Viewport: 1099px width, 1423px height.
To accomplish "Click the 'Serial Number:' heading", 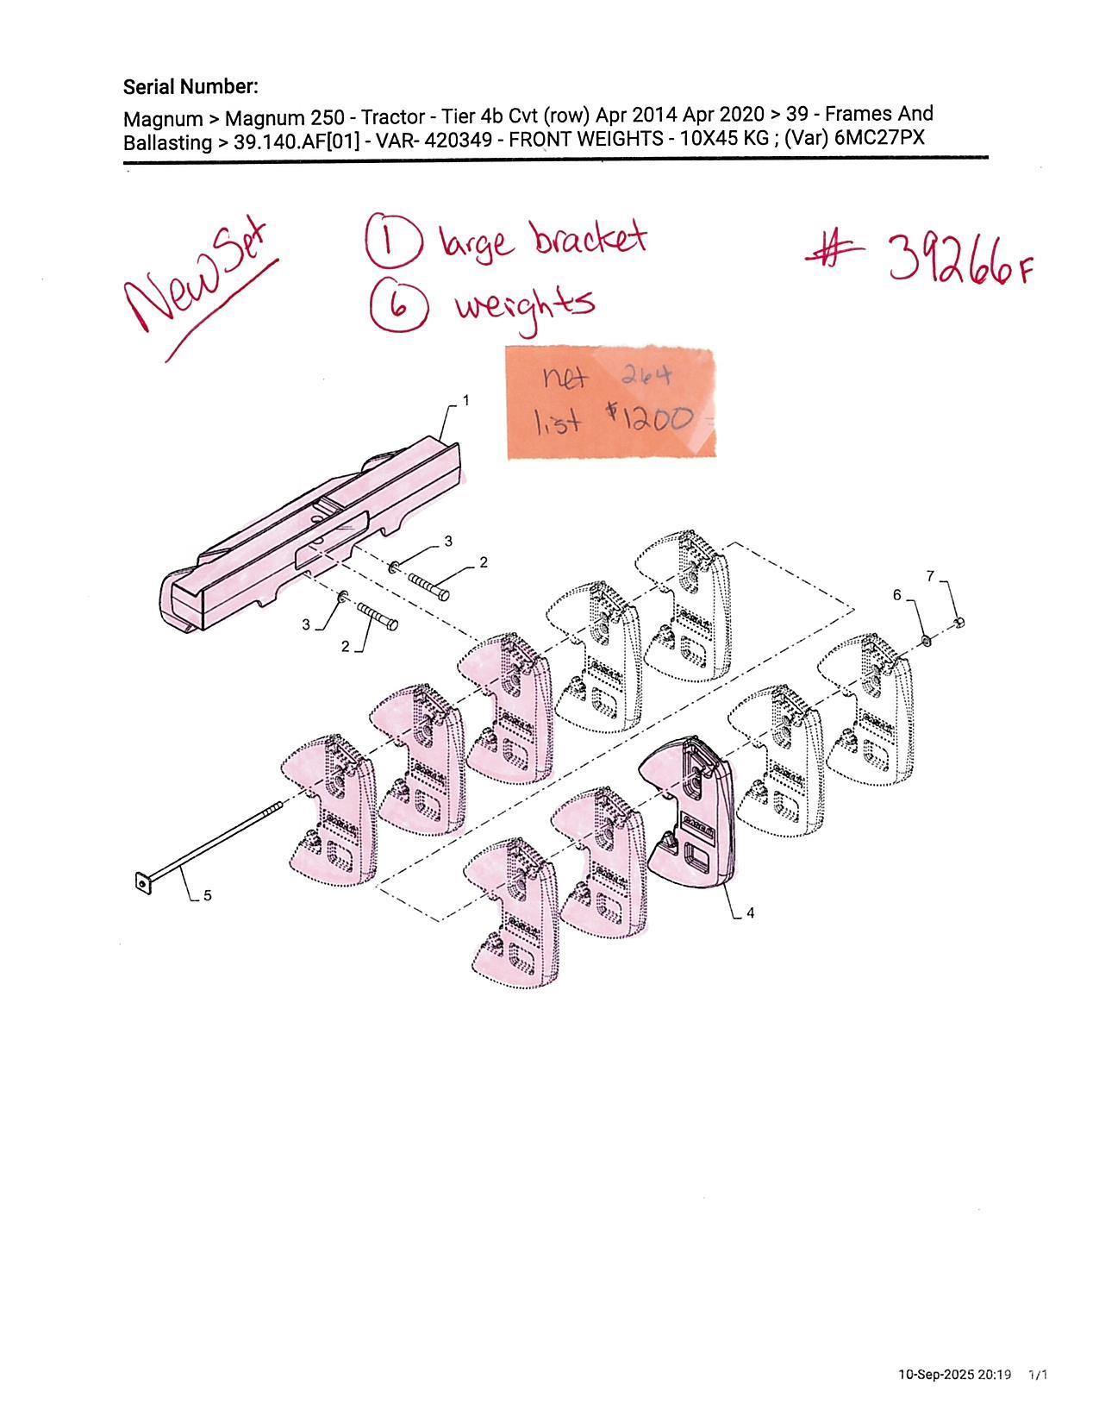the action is pos(190,86).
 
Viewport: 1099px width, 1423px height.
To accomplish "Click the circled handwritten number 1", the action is pos(390,241).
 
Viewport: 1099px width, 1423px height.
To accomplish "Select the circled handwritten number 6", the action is pos(399,307).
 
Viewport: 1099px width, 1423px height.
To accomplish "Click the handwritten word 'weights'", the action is pos(526,307).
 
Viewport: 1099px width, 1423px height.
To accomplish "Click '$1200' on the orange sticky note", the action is pos(649,418).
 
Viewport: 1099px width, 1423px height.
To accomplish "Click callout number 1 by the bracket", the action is pos(466,399).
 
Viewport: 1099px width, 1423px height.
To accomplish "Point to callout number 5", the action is pos(208,896).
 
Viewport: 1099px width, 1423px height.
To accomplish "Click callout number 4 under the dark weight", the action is pos(750,912).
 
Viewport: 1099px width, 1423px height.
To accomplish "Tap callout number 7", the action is pos(931,576).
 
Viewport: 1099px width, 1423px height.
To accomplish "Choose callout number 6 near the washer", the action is pos(897,594).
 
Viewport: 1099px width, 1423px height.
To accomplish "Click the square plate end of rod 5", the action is pos(142,883).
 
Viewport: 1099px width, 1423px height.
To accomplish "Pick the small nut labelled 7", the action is pos(959,622).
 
